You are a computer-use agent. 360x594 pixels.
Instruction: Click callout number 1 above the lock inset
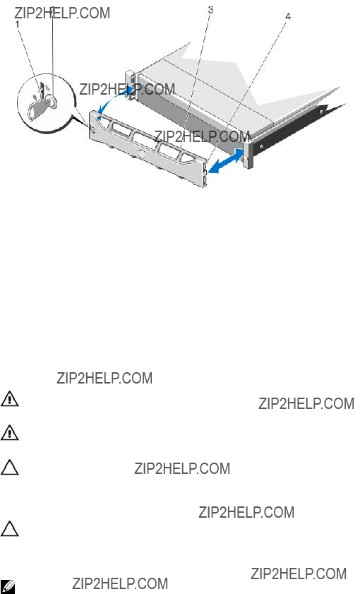[17, 23]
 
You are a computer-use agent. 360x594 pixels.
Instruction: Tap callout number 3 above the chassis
[210, 10]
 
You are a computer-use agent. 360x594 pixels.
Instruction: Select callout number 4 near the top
[288, 16]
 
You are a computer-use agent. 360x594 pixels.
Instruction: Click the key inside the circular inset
[39, 106]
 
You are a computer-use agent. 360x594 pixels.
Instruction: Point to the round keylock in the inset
[53, 101]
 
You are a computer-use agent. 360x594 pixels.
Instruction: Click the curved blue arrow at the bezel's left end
[113, 97]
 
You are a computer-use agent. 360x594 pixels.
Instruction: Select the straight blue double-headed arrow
[226, 161]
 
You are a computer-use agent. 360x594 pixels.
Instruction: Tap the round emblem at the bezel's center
[143, 155]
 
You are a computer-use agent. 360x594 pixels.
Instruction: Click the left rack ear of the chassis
[131, 85]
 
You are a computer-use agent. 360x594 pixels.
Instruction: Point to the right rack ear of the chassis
[248, 149]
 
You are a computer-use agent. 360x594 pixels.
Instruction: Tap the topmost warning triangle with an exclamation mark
[9, 399]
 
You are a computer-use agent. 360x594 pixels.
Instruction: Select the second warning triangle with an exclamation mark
[9, 433]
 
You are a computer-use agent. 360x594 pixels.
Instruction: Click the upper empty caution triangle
[9, 468]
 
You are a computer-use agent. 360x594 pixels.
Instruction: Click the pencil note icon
[8, 586]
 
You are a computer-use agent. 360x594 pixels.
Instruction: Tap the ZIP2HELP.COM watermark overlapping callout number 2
[62, 13]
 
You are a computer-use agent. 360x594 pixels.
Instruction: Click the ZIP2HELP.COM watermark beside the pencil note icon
[120, 583]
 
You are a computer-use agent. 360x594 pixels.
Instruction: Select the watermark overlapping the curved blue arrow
[127, 89]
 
